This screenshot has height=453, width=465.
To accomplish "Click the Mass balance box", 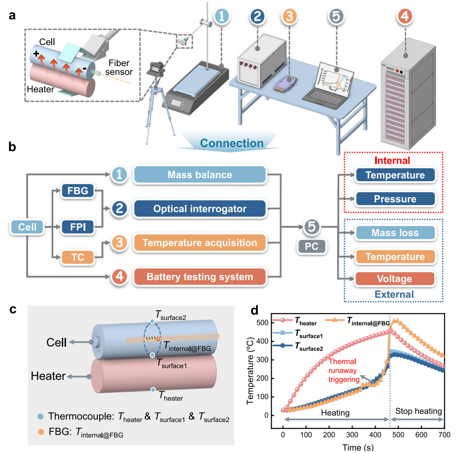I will [200, 175].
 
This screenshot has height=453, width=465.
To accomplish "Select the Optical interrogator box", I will [200, 209].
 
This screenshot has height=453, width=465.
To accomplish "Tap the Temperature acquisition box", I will [200, 243].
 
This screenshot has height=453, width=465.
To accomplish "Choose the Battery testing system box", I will [200, 277].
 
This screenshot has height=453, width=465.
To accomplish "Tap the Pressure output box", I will [395, 199].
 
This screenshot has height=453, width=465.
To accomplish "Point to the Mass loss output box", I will [395, 233].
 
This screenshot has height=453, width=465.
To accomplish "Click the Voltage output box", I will [395, 279].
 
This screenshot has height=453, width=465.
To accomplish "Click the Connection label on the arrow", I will [232, 143].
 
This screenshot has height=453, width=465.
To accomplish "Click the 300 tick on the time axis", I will [352, 436].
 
